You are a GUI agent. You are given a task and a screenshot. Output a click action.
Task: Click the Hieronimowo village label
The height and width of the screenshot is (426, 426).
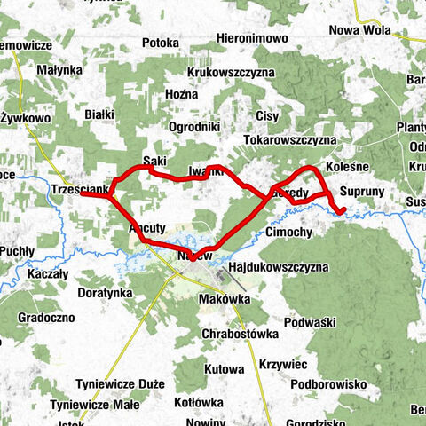click(x=253, y=40)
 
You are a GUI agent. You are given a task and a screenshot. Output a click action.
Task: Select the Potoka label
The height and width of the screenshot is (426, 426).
click(x=161, y=42)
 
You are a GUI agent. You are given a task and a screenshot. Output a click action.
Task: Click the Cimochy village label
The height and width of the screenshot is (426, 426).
click(x=288, y=233)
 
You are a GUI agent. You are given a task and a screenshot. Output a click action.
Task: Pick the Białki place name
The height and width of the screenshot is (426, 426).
click(x=100, y=114)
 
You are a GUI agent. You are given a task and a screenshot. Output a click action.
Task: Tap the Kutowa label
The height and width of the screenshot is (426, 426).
click(x=224, y=368)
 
